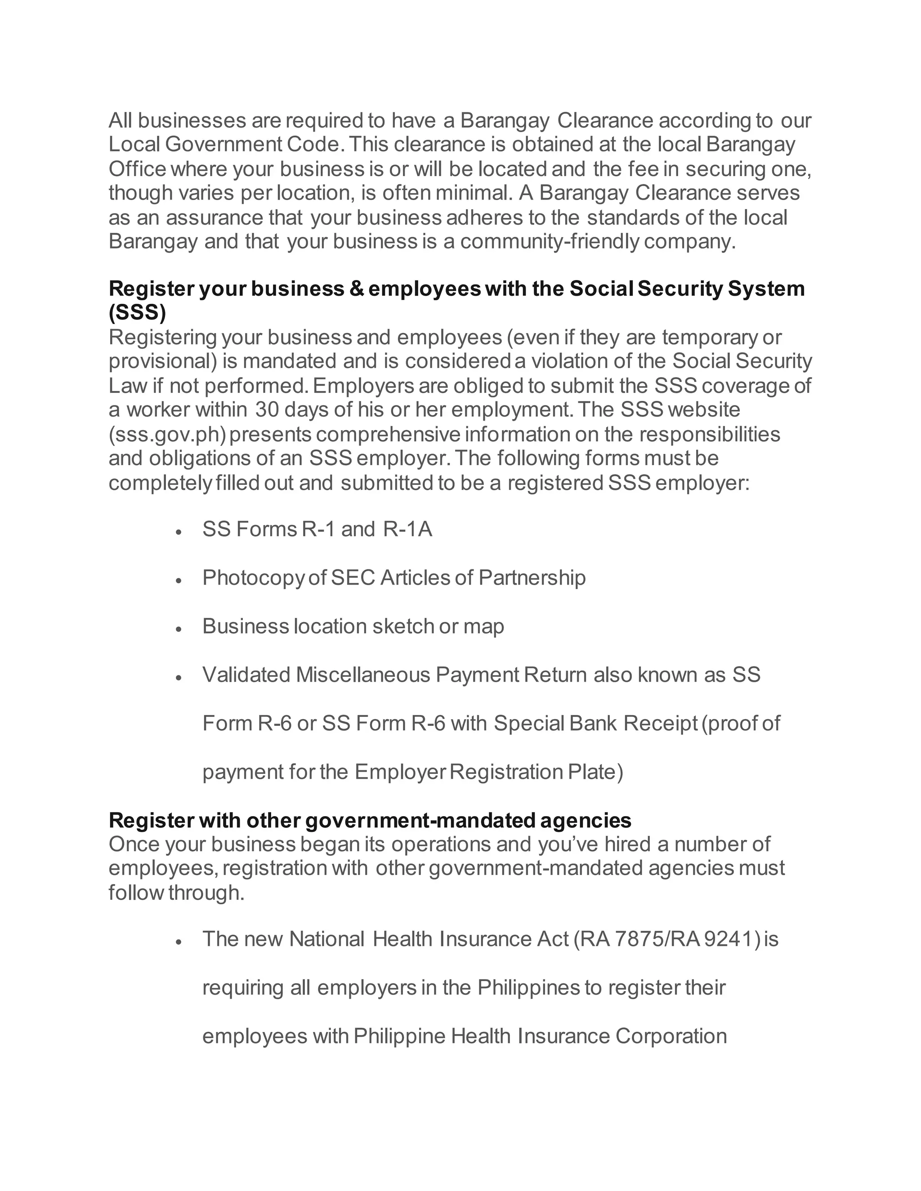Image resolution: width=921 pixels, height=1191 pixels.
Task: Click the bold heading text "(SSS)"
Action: pyautogui.click(x=137, y=312)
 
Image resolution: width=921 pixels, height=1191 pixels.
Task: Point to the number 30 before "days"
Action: pyautogui.click(x=267, y=409)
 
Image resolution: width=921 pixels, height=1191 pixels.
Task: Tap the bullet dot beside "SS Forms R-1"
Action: pyautogui.click(x=178, y=531)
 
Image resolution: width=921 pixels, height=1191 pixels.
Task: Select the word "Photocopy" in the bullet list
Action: pyautogui.click(x=253, y=578)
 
